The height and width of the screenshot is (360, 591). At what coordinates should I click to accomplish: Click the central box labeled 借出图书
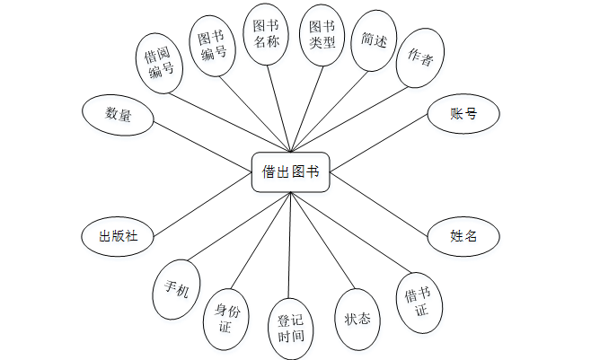click(291, 171)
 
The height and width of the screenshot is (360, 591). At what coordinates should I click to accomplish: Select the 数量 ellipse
click(118, 114)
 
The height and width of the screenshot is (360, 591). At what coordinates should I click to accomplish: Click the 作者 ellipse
click(419, 59)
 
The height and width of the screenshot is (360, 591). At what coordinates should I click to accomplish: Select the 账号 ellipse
click(463, 114)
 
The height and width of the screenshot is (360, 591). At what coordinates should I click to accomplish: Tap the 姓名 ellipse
click(463, 236)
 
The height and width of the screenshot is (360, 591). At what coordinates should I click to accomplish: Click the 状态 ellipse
click(357, 319)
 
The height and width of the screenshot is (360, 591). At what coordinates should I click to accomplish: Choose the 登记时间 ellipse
click(291, 329)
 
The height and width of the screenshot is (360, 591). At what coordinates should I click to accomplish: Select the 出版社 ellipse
click(118, 236)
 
